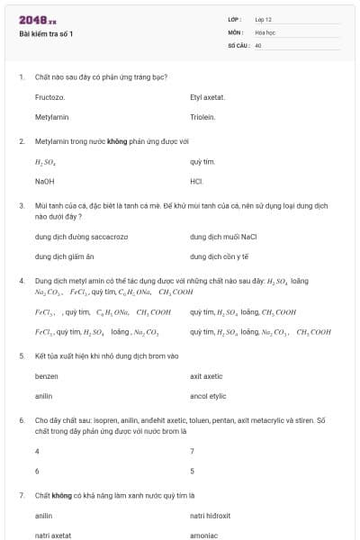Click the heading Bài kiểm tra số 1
(47, 34)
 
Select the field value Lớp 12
(263, 19)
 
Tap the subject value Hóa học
(265, 31)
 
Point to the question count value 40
(257, 44)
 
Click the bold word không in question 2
(117, 141)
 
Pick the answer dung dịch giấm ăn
(64, 256)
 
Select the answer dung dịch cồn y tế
(219, 256)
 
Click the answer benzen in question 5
(47, 376)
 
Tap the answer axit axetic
(206, 376)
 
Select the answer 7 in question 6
(192, 451)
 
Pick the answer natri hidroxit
(211, 516)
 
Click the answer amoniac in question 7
(203, 535)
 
